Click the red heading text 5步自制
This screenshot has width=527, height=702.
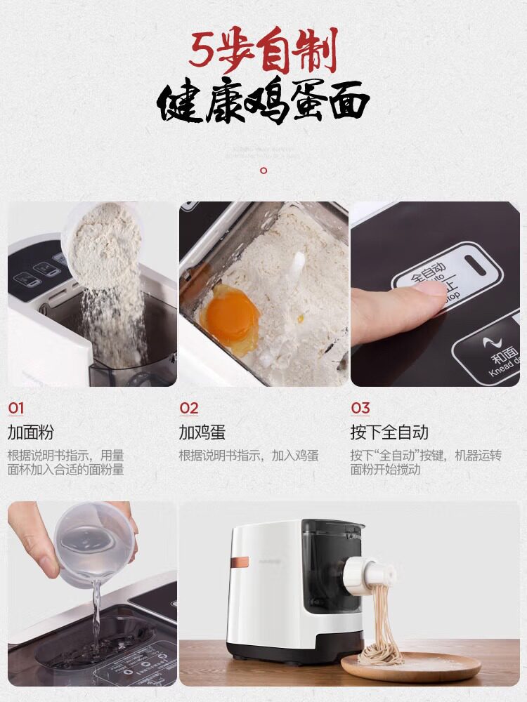263,51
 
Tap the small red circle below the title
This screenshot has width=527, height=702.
263,170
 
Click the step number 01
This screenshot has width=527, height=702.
16,408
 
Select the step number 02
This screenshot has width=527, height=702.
188,408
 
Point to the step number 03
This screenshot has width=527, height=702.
360,408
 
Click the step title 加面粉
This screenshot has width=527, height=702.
30,432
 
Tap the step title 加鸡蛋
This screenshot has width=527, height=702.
202,432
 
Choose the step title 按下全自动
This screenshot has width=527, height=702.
389,432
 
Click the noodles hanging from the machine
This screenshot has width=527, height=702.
379,625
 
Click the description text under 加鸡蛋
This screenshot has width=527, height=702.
248,456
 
